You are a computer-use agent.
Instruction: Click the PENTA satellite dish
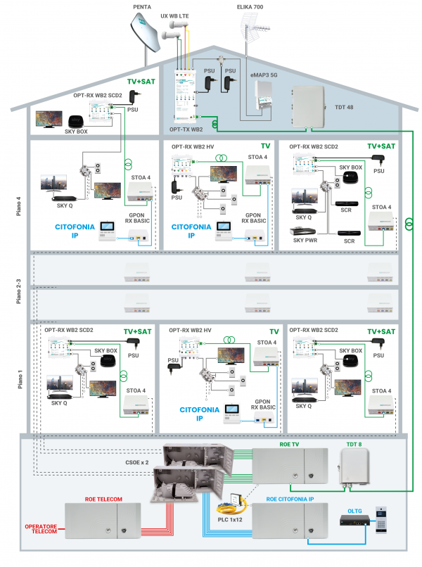[x=143, y=36]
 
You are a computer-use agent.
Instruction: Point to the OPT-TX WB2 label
[x=186, y=129]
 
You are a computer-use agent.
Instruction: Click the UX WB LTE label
[x=177, y=15]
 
